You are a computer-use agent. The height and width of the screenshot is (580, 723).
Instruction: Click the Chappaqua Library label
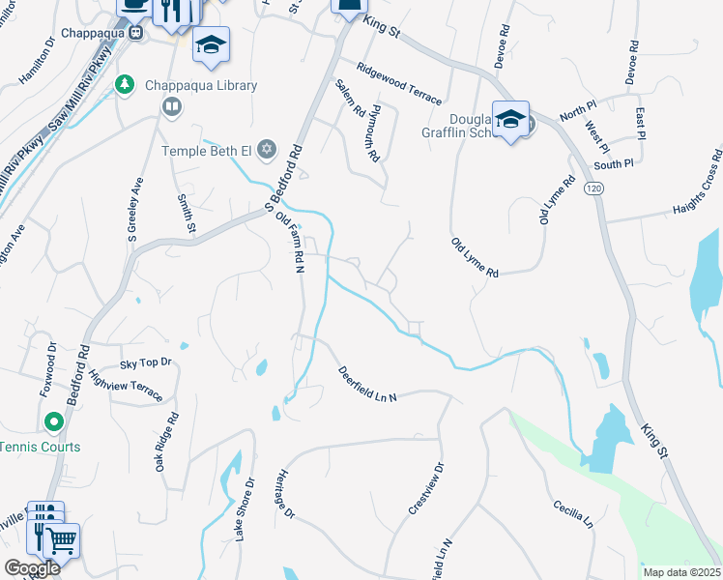click(x=201, y=86)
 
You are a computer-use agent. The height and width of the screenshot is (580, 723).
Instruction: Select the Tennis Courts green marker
click(x=53, y=422)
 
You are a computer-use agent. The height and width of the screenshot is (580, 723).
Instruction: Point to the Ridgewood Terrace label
click(x=398, y=84)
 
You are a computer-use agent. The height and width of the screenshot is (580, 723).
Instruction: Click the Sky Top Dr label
click(x=145, y=362)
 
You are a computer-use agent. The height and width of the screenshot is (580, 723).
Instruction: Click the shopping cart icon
click(x=61, y=541)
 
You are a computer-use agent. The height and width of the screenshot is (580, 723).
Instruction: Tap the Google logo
click(x=32, y=568)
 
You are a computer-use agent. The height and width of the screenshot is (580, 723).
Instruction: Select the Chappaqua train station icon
click(x=136, y=32)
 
